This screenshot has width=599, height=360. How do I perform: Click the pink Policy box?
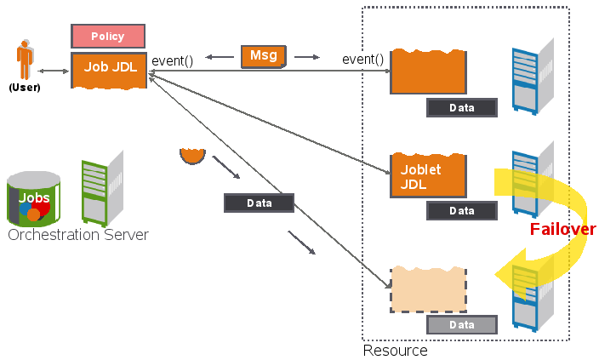point(108,37)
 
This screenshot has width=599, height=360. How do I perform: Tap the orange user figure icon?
point(25,62)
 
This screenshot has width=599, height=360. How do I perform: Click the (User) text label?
point(24,87)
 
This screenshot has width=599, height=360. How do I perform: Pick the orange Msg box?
point(264,56)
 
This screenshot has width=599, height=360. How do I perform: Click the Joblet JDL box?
point(427,176)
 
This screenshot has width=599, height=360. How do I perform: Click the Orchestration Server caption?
point(78,235)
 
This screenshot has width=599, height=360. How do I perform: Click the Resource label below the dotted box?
point(395,350)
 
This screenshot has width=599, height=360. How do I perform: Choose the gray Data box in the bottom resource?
point(461,325)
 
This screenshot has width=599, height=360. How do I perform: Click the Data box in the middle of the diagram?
point(259,203)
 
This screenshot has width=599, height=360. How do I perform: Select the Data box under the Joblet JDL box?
point(461,210)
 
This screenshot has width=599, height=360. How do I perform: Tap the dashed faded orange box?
point(428,289)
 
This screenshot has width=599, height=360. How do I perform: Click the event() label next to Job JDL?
point(173,60)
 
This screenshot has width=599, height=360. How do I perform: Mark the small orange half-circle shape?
point(194,156)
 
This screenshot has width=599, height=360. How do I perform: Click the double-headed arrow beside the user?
point(53,71)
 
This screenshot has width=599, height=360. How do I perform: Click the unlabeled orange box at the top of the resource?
point(428,72)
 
